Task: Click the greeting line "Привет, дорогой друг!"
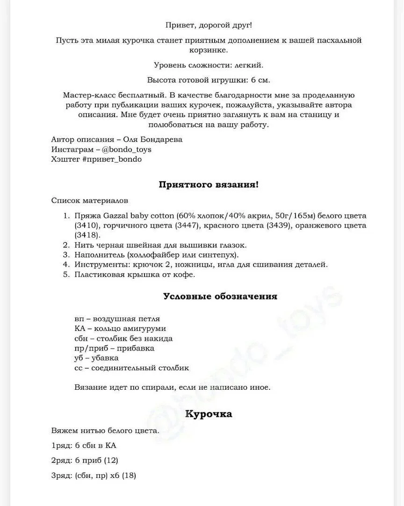[209, 25]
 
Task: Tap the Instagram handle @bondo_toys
[126, 149]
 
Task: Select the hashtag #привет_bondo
[112, 159]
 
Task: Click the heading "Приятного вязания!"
[209, 185]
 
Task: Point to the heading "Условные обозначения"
[220, 296]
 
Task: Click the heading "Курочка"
[209, 414]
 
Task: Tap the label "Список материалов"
[89, 201]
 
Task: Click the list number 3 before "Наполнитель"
[66, 255]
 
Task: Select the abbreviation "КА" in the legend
[79, 328]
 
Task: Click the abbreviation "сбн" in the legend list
[82, 338]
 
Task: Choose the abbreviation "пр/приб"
[90, 348]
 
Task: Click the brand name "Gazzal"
[110, 216]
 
